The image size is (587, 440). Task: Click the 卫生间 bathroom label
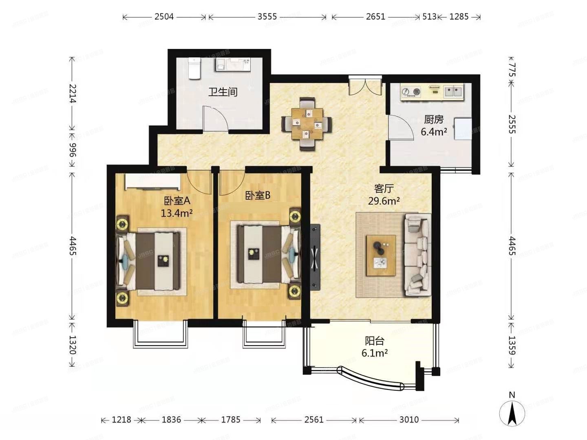click(223, 92)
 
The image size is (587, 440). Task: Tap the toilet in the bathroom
click(194, 68)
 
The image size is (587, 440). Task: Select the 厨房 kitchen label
click(433, 119)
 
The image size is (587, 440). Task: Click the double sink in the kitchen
click(453, 92)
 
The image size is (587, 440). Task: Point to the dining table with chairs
click(307, 123)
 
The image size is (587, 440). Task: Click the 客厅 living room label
click(384, 189)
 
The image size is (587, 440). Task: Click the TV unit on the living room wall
click(315, 257)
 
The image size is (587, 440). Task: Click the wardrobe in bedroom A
click(152, 182)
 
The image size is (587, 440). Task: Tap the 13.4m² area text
click(177, 213)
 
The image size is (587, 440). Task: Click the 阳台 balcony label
click(374, 341)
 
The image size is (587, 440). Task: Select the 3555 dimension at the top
click(267, 17)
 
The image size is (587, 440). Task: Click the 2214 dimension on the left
click(72, 93)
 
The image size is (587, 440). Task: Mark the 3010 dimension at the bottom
click(408, 420)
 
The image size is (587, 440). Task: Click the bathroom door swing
click(215, 119)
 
